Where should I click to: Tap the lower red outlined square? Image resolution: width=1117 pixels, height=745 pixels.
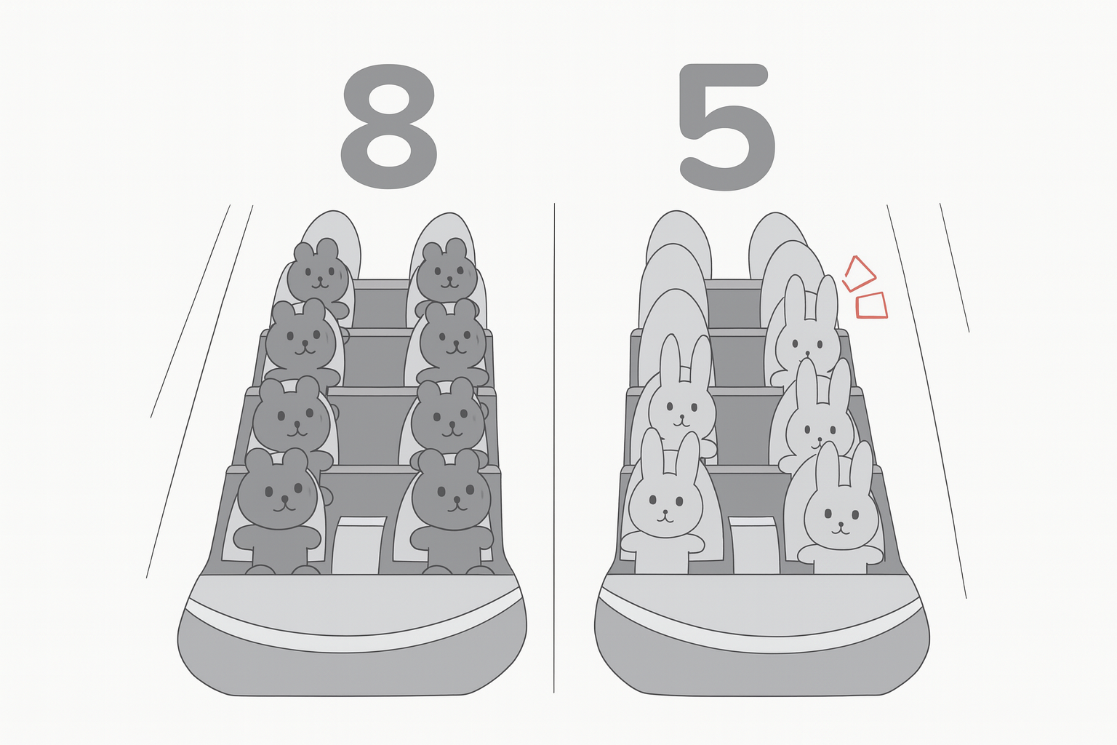coord(871,306)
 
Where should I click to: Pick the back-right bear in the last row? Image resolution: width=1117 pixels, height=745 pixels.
coord(447,274)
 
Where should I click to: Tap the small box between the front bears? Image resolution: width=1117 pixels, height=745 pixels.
coord(359,545)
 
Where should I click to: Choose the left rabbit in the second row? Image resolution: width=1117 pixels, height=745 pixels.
coord(681,399)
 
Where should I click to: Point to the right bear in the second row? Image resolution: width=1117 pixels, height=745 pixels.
coord(449,419)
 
